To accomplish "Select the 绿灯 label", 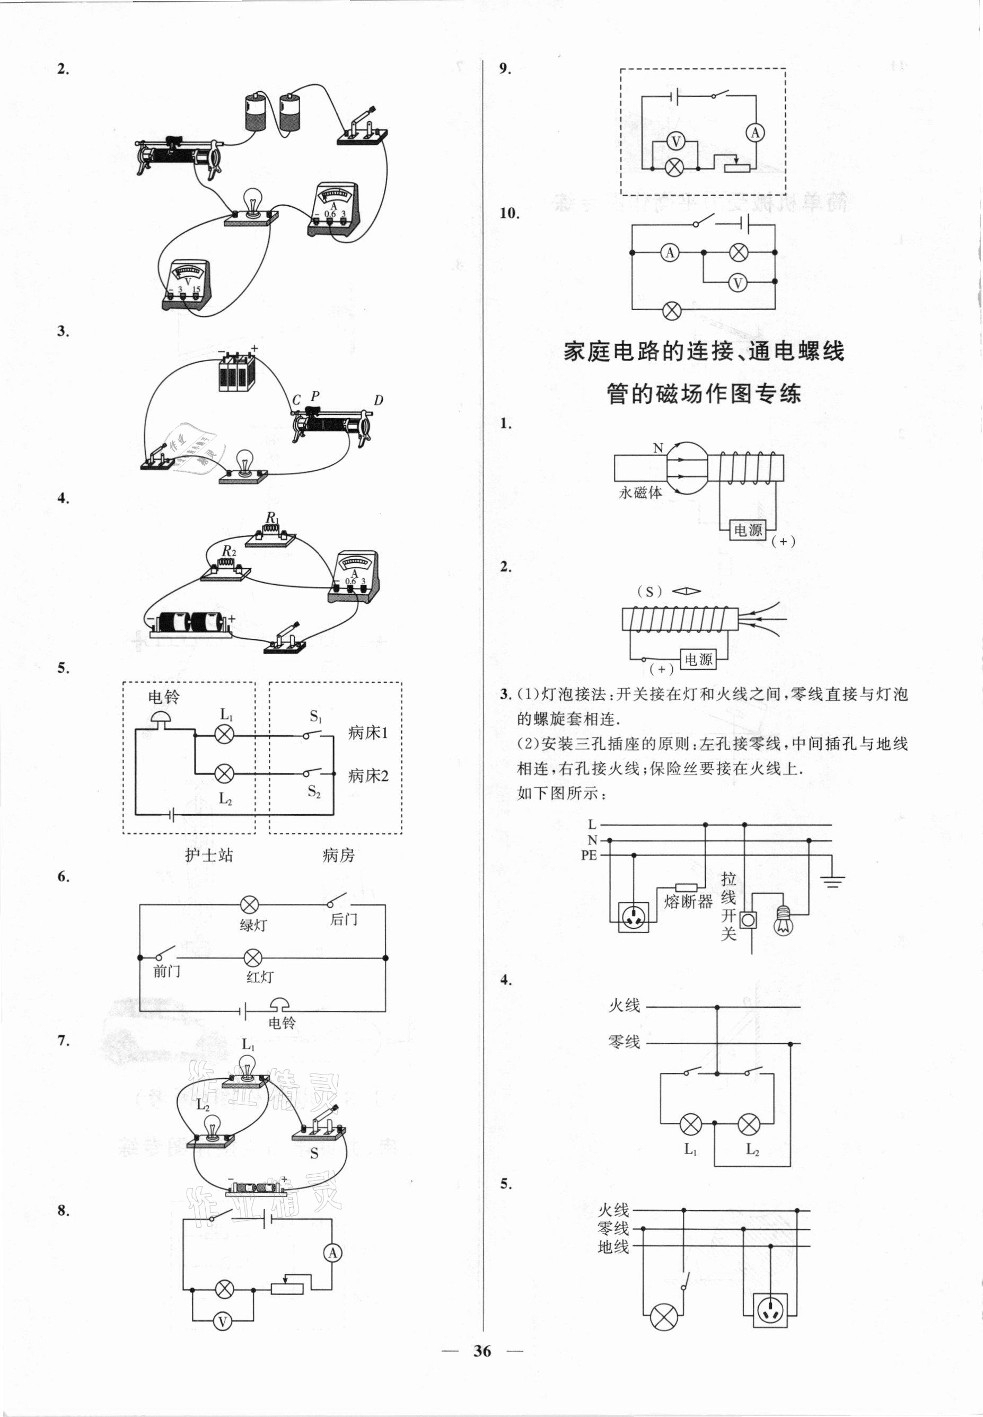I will [x=253, y=925].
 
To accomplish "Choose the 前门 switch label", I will [x=167, y=974].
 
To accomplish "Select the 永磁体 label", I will [x=640, y=492].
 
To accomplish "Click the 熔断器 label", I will [x=689, y=902].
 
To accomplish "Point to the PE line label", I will [x=589, y=856].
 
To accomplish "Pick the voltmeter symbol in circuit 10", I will [x=737, y=283].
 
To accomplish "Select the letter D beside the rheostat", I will [x=378, y=400].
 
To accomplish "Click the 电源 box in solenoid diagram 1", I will [x=748, y=530].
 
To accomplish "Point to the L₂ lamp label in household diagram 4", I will [x=752, y=1149].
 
